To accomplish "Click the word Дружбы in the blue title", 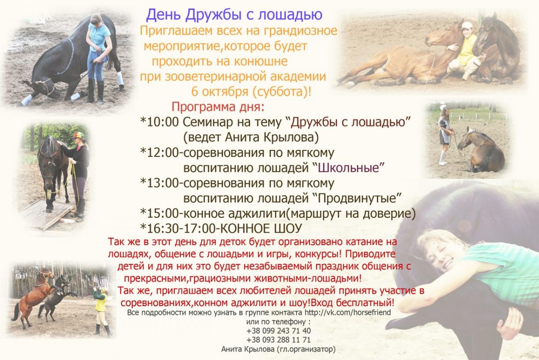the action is point(213,15).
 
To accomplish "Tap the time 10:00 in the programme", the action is point(163,122).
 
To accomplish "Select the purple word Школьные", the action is point(349,168).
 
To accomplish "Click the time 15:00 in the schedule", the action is point(163,213).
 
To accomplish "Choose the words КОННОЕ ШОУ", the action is point(261,228).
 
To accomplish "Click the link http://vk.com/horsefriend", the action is point(348,312).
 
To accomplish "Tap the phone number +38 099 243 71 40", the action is point(278,331).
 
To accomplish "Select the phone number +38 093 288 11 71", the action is point(278,340).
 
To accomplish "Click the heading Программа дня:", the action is point(218,107).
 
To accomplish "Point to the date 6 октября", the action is point(220,92).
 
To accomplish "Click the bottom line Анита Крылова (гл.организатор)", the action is point(278,349).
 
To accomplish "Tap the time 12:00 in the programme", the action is point(163,153).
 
